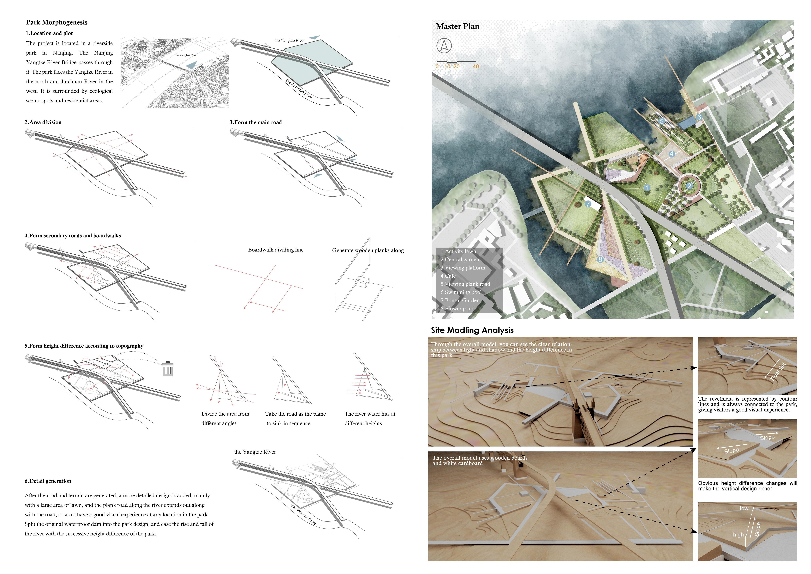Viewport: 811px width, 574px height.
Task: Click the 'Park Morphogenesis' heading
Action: (57, 22)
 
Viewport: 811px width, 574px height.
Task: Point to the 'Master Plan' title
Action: (457, 26)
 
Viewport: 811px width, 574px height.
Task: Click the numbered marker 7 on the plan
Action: (588, 204)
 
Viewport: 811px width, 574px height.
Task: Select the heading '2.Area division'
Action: (43, 122)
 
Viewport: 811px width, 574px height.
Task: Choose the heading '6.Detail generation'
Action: (48, 481)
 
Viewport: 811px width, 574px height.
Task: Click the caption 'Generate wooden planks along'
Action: (368, 250)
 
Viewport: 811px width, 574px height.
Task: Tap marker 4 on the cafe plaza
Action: (672, 154)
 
